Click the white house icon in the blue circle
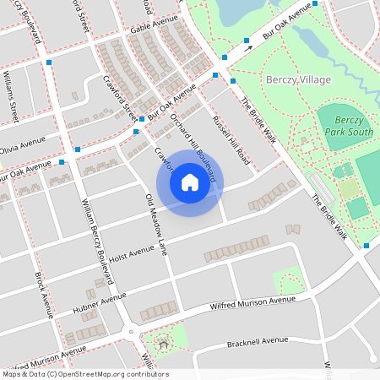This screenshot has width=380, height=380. tap(190, 182)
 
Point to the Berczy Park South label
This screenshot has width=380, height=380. tap(348, 127)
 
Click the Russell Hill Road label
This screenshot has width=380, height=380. tap(231, 139)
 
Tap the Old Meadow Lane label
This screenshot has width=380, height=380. tap(158, 224)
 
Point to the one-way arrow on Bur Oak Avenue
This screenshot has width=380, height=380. tap(248, 49)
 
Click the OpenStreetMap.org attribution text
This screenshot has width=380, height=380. tap(117, 374)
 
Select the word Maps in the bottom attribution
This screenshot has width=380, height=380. tap(12, 374)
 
